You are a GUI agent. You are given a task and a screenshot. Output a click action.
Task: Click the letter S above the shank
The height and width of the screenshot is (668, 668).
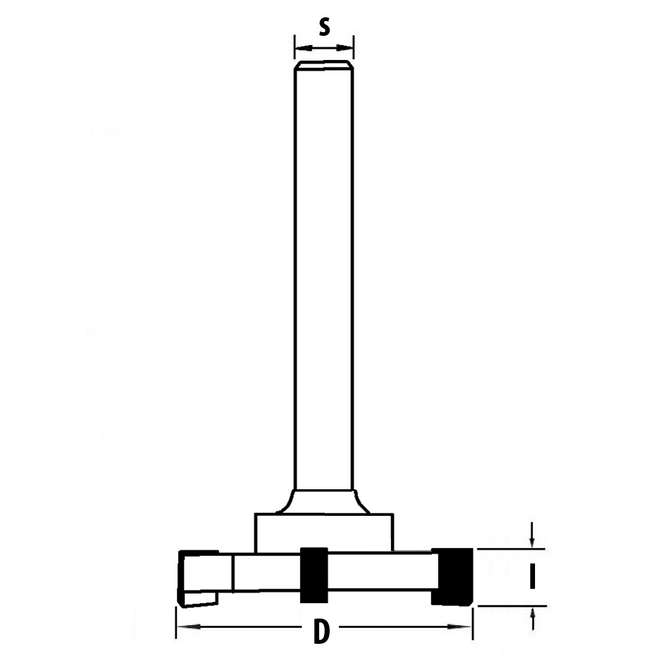(325, 28)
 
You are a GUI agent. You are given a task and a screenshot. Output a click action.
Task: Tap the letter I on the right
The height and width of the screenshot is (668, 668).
(532, 577)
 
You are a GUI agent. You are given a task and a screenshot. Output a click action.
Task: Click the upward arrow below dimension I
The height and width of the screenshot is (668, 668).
(532, 619)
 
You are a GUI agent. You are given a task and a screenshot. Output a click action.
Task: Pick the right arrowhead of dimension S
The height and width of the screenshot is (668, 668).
(345, 47)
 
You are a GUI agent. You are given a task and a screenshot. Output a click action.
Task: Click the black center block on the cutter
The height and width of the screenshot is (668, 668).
(314, 575)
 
